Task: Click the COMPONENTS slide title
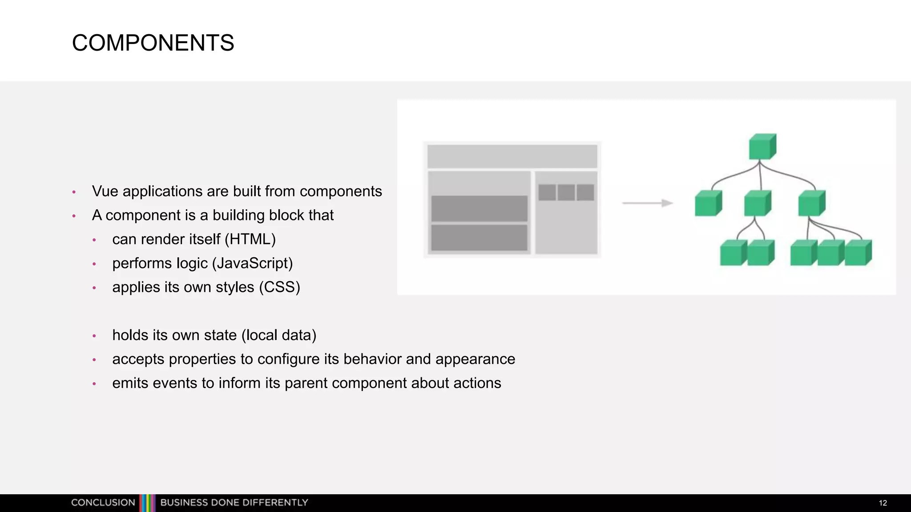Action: [153, 43]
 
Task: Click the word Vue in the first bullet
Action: [105, 192]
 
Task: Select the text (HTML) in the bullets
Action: [250, 240]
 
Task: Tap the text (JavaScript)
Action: [252, 264]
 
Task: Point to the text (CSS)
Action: [280, 288]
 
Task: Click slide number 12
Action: [883, 503]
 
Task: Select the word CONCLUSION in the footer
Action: [103, 503]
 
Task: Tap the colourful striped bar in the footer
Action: [148, 503]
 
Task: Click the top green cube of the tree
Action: [762, 147]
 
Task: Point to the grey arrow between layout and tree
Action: [647, 203]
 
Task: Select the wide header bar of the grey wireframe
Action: [512, 156]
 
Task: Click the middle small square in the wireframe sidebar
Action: [566, 192]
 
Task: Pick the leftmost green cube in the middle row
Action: [708, 204]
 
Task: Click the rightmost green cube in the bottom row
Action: [858, 253]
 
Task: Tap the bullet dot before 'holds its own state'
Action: [94, 336]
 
